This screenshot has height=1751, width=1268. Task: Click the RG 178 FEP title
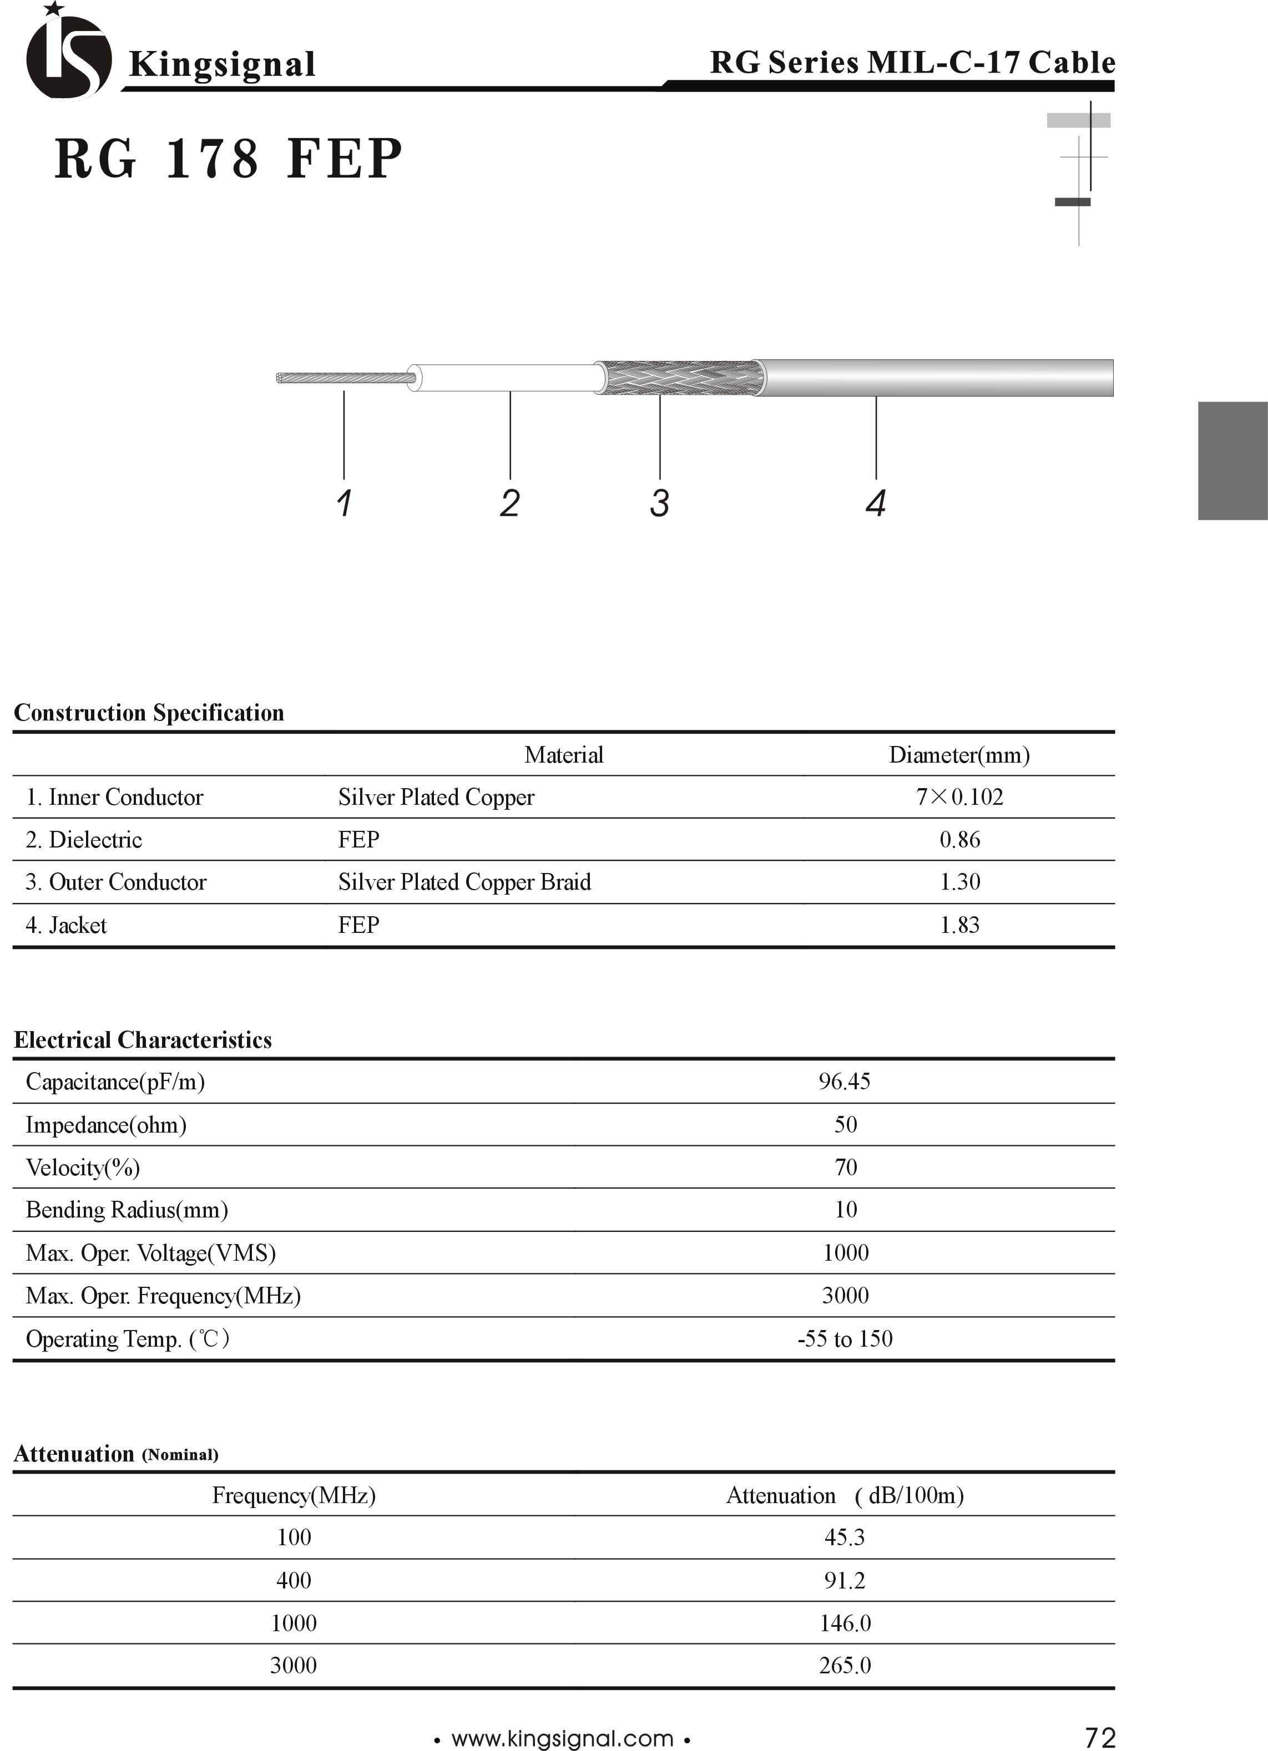coord(229,159)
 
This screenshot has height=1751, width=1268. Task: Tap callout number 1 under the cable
coord(345,504)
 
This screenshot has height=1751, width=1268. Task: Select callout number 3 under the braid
coord(659,504)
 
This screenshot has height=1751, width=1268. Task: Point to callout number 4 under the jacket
coord(875,504)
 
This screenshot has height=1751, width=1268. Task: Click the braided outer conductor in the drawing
coord(680,378)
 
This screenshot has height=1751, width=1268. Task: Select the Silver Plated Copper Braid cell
coord(464,882)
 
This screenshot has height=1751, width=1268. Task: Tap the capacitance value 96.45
coord(844,1082)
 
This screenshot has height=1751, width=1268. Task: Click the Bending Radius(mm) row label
coord(127,1210)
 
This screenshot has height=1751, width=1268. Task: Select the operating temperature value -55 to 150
coord(845,1338)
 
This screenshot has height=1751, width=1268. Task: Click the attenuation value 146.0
coord(845,1623)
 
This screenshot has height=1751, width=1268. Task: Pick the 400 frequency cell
coord(294,1580)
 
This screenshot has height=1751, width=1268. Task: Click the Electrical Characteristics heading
coord(143,1040)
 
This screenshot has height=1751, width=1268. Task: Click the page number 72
coord(1100,1737)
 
